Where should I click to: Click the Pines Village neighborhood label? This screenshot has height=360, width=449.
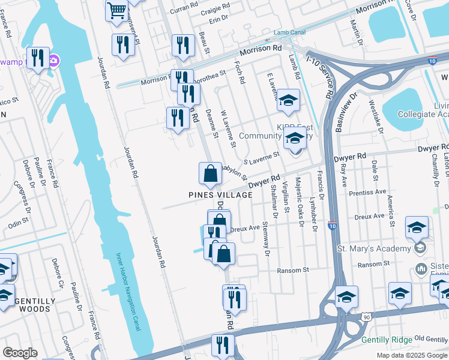click(220, 195)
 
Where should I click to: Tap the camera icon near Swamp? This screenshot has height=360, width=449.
click(54, 60)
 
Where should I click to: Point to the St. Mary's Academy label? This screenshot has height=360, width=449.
click(374, 248)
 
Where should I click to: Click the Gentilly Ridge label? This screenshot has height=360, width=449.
click(387, 340)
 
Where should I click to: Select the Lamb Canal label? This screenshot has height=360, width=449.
click(290, 32)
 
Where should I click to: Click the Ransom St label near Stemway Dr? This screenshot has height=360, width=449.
click(292, 271)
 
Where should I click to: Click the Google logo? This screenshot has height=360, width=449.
click(20, 353)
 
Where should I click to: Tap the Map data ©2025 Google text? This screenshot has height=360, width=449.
click(412, 355)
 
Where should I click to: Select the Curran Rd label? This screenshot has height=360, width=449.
click(183, 7)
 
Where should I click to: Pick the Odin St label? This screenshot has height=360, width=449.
click(19, 223)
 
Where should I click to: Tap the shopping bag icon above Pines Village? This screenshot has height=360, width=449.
click(210, 174)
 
